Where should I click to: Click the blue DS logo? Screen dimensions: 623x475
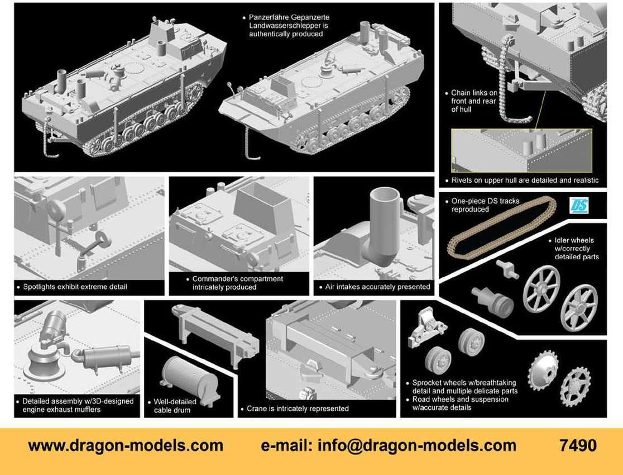click(579, 206)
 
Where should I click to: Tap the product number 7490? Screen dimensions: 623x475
click(578, 445)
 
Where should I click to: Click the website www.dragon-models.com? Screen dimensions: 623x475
click(126, 445)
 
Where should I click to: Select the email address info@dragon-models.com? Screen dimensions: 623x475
click(417, 445)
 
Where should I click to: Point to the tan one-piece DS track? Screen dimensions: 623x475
click(501, 227)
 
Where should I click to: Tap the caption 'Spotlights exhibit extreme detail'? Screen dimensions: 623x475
click(75, 287)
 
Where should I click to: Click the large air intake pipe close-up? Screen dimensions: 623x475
click(384, 227)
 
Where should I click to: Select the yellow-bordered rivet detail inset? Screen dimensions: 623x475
click(522, 150)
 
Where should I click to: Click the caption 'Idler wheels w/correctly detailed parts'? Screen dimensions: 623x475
click(577, 249)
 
